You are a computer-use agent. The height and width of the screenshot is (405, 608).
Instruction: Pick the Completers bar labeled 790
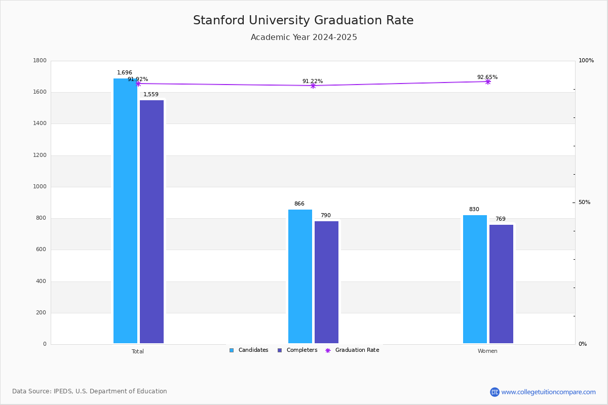[326, 282]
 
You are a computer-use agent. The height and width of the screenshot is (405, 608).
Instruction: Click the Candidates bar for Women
[475, 279]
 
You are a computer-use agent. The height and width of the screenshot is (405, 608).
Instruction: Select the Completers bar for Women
[501, 284]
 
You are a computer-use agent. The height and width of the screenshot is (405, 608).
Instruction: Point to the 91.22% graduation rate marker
[313, 86]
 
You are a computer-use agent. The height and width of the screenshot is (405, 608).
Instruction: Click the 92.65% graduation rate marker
[487, 82]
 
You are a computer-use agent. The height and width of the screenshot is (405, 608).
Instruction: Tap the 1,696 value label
[125, 73]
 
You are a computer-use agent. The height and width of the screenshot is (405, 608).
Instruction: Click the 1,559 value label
[151, 95]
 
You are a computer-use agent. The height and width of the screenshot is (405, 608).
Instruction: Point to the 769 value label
[501, 219]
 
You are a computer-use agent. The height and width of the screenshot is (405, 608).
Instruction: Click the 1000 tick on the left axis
[40, 187]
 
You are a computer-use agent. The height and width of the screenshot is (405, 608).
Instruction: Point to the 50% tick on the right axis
[584, 202]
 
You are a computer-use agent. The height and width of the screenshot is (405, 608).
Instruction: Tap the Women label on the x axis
[487, 351]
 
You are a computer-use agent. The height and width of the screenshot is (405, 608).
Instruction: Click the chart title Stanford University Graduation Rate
[303, 21]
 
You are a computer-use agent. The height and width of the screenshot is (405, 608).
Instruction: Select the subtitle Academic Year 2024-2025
[303, 37]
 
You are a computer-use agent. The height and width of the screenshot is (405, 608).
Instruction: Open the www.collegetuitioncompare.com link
[548, 392]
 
